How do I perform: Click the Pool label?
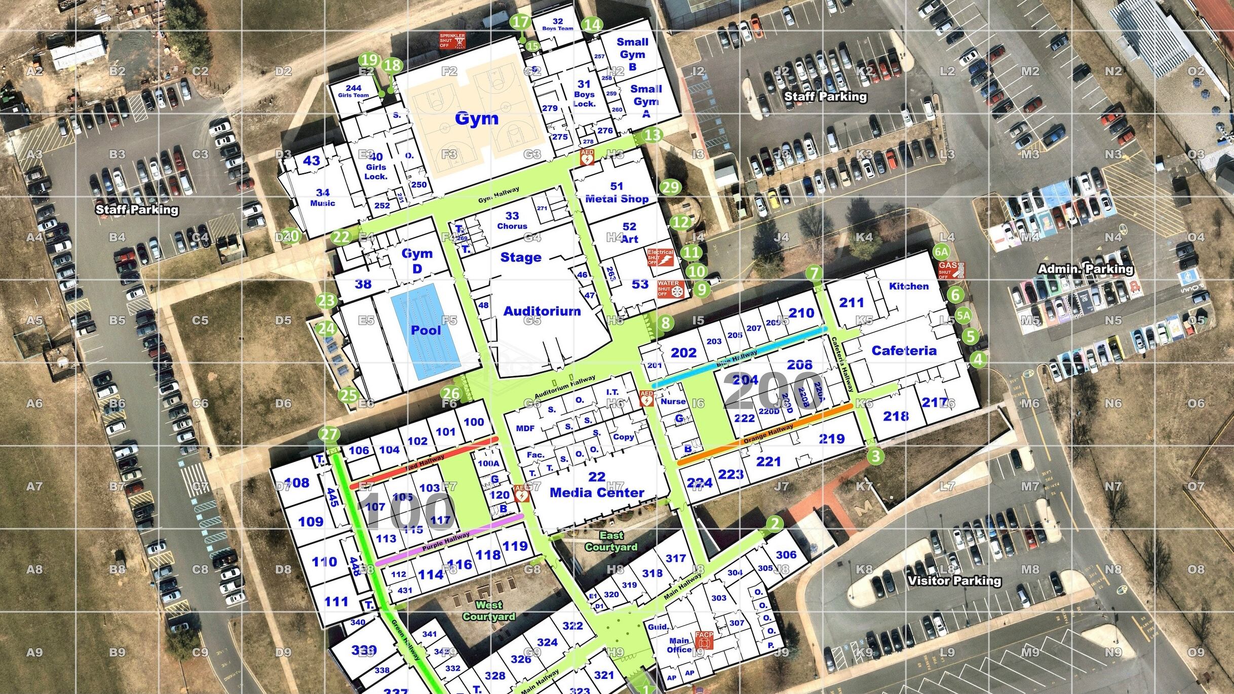(x=426, y=330)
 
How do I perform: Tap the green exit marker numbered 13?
(x=652, y=135)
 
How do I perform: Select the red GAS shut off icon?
(x=951, y=270)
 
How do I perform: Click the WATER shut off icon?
(x=670, y=289)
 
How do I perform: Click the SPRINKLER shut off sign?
(x=452, y=41)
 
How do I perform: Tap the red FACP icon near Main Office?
(x=704, y=640)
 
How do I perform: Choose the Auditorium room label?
(x=542, y=311)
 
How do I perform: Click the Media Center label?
(x=597, y=492)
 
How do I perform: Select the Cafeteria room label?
(x=904, y=351)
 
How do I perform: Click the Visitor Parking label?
(x=954, y=581)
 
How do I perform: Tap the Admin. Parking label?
(x=1086, y=269)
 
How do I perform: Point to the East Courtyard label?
(x=611, y=541)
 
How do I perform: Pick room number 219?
(x=831, y=439)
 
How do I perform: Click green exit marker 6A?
(x=941, y=252)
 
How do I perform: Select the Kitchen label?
(x=909, y=286)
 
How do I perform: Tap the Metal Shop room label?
(x=616, y=199)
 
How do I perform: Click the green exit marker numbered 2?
(x=774, y=523)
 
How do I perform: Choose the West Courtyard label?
(x=489, y=610)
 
